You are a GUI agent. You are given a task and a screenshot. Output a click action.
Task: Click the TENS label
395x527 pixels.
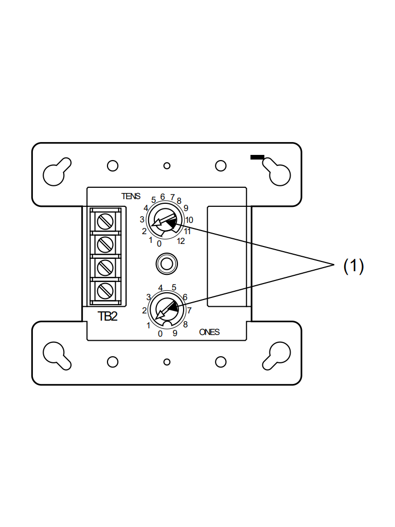tap(131, 196)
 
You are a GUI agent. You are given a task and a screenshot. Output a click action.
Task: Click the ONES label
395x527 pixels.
tap(209, 332)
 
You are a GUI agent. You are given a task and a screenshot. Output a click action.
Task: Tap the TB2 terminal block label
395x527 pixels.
tap(107, 317)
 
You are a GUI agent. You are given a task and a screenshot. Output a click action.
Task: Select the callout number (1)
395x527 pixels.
tap(353, 266)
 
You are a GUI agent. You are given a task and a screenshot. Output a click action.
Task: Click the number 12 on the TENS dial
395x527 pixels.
tap(181, 241)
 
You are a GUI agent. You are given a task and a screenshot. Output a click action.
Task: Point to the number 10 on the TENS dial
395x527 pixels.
tap(189, 220)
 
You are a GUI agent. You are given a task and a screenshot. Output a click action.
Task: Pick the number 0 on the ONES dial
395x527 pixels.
tap(160, 333)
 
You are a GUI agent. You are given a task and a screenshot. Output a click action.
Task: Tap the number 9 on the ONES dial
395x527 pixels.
tap(175, 333)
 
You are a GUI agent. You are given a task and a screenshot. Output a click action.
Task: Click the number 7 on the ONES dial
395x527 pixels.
tap(189, 310)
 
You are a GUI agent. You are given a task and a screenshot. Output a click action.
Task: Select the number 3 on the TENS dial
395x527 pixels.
tap(142, 219)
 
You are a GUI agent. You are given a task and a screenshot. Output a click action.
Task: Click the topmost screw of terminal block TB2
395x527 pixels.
tap(105, 221)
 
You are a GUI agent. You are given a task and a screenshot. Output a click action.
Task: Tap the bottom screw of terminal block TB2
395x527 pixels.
tap(105, 290)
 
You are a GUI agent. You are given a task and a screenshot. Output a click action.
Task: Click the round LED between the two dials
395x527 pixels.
tap(167, 264)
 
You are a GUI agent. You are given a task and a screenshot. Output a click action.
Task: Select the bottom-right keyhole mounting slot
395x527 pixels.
tap(277, 355)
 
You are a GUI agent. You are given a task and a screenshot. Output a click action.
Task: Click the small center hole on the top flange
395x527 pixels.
tap(167, 166)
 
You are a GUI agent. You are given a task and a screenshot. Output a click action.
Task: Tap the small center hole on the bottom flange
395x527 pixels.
tap(167, 362)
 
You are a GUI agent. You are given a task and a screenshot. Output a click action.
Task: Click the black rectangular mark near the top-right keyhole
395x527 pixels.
tap(257, 157)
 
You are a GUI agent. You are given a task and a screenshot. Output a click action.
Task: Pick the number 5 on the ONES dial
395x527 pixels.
tap(174, 287)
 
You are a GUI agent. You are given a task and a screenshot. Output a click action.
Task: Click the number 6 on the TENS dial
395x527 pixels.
tap(163, 197)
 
